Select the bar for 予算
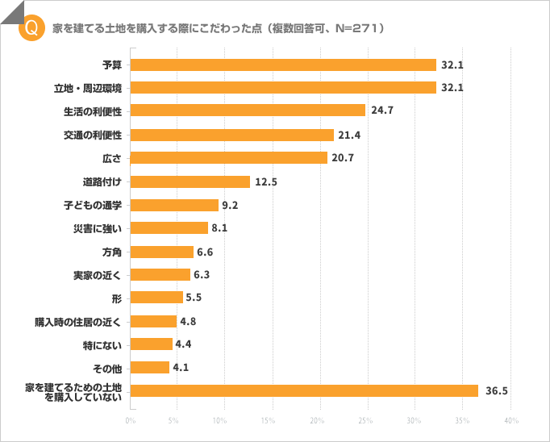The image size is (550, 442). (x=282, y=65)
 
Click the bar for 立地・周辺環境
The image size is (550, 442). (x=282, y=88)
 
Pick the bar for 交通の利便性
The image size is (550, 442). (x=231, y=135)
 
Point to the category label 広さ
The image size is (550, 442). (x=112, y=158)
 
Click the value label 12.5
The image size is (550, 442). (x=266, y=182)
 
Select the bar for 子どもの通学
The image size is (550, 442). (x=173, y=205)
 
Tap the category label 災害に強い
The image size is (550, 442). (x=98, y=228)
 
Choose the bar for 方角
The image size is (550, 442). (x=161, y=252)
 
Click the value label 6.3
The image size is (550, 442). (x=202, y=275)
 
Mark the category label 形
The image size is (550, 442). (x=117, y=298)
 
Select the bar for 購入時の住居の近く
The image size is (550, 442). (x=152, y=321)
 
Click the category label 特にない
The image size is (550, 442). (x=102, y=344)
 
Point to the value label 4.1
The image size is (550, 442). (x=181, y=368)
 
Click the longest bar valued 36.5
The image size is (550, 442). (x=303, y=391)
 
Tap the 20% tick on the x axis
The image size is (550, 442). (x=318, y=421)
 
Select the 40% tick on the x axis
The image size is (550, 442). (x=510, y=421)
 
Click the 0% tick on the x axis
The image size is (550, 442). (x=130, y=421)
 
